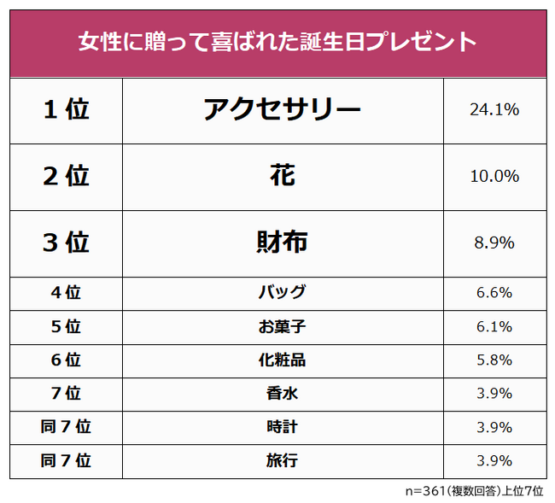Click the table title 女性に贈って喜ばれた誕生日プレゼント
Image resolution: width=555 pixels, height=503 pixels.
pyautogui.click(x=277, y=42)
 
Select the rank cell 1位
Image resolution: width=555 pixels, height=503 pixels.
pyautogui.click(x=66, y=110)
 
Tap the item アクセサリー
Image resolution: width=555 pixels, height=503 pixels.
pyautogui.click(x=282, y=110)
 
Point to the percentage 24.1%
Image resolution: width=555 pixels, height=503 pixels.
pyautogui.click(x=494, y=110)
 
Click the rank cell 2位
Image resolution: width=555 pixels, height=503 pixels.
pyautogui.click(x=66, y=176)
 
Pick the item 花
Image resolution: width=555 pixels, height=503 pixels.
pyautogui.click(x=282, y=176)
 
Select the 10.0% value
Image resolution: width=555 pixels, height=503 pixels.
pyautogui.click(x=494, y=176)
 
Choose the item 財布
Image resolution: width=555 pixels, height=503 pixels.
pyautogui.click(x=282, y=243)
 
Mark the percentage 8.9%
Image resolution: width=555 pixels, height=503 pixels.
pyautogui.click(x=494, y=243)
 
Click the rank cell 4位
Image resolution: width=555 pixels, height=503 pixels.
pyautogui.click(x=66, y=293)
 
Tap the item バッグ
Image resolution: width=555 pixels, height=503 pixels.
pyautogui.click(x=282, y=293)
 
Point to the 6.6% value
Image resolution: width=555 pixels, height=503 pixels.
pyautogui.click(x=494, y=293)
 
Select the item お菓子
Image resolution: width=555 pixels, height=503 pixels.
pyautogui.click(x=282, y=326)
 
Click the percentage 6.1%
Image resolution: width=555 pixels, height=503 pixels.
pyautogui.click(x=494, y=326)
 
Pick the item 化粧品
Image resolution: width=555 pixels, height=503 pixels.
pyautogui.click(x=282, y=360)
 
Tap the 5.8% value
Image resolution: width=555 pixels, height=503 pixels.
pyautogui.click(x=494, y=360)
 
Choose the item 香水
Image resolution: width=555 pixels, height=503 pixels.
pyautogui.click(x=282, y=394)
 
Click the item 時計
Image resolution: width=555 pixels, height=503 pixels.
pyautogui.click(x=282, y=427)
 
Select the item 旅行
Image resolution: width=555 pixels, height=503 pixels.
pyautogui.click(x=282, y=461)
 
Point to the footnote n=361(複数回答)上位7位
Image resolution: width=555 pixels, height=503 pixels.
pyautogui.click(x=473, y=491)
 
